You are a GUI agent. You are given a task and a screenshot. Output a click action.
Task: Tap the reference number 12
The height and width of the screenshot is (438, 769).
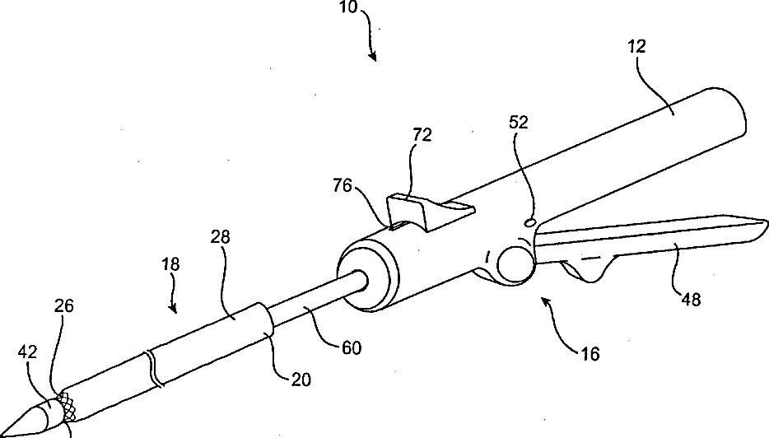(636, 47)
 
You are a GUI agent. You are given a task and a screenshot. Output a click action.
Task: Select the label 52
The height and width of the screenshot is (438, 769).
(519, 122)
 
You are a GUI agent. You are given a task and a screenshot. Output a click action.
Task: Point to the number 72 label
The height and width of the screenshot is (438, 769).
(422, 134)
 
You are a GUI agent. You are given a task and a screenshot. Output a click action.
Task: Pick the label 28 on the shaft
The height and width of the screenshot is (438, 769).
(220, 238)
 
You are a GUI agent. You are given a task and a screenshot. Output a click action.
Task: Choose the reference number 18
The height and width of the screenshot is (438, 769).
(170, 265)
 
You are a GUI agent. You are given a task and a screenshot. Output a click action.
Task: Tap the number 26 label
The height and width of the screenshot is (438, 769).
(64, 306)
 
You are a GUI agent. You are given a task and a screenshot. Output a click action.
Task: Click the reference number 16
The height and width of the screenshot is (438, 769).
(590, 355)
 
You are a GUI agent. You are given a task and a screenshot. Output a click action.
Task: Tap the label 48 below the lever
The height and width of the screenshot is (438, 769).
(691, 300)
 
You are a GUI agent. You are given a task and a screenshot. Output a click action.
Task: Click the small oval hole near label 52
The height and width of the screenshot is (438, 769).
(531, 221)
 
